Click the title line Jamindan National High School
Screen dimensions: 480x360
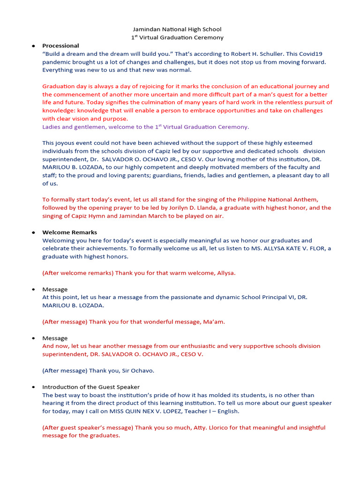pyautogui.click(x=177, y=29)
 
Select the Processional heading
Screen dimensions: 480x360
pyautogui.click(x=60, y=45)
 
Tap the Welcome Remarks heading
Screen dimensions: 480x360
pyautogui.click(x=69, y=232)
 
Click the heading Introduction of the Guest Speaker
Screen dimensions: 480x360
pyautogui.click(x=91, y=387)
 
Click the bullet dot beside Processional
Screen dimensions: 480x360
pyautogui.click(x=33, y=46)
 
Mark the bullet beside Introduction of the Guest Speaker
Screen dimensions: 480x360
pyautogui.click(x=33, y=387)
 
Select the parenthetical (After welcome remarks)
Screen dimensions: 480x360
pyautogui.click(x=77, y=273)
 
